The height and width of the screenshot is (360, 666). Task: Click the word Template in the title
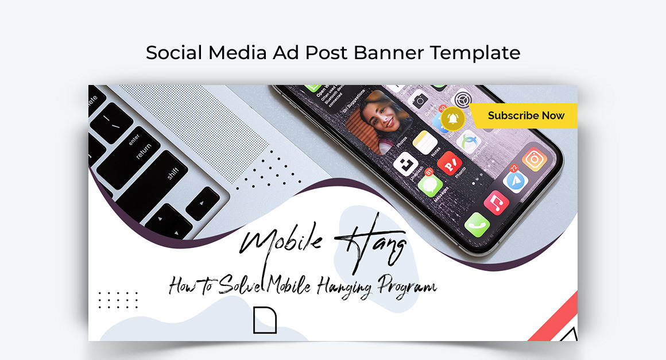click(x=475, y=53)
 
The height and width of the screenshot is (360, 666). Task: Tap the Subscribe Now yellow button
click(x=526, y=115)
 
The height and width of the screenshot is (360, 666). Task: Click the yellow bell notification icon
click(x=454, y=118)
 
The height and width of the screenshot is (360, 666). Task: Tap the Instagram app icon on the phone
click(x=534, y=159)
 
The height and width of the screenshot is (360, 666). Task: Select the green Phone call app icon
click(x=477, y=224)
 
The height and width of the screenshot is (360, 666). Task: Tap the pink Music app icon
click(x=496, y=202)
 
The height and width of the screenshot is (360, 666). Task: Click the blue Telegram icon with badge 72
click(x=515, y=180)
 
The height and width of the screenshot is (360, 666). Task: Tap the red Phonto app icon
click(x=449, y=164)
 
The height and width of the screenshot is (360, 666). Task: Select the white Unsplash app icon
click(x=406, y=164)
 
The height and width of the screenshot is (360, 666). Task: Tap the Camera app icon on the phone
click(x=420, y=100)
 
